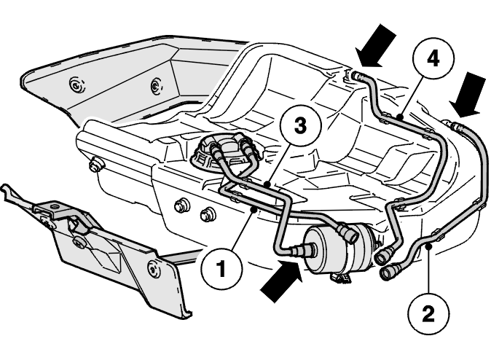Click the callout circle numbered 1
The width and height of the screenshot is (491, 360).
(x=221, y=269)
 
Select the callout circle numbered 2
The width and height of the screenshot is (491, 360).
(x=428, y=314)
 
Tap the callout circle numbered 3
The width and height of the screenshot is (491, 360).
(x=300, y=126)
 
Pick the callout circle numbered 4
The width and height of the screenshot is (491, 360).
(x=433, y=59)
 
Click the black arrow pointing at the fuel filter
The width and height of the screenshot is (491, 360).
(x=281, y=281)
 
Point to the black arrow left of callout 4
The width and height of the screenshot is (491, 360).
(x=375, y=46)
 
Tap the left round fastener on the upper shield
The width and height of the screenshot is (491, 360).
(x=76, y=85)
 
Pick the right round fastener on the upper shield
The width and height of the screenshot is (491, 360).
(x=156, y=85)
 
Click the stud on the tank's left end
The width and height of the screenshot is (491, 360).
(x=95, y=165)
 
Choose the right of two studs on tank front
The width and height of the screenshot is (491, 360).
(x=207, y=214)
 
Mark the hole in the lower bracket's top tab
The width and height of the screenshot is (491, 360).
(x=55, y=207)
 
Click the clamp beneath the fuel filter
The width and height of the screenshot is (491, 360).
(x=342, y=277)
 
